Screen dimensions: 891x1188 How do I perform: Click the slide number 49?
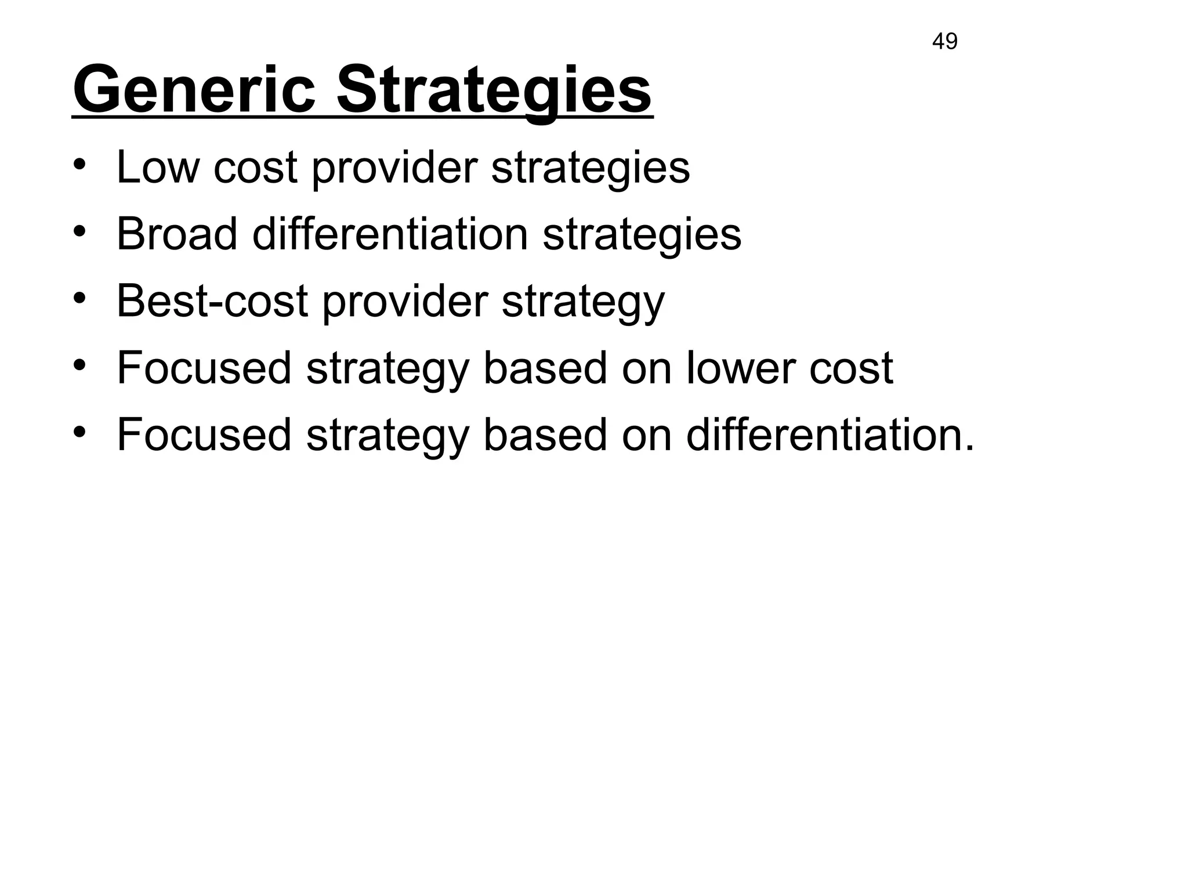(x=944, y=42)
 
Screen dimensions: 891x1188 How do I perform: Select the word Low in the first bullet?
(x=157, y=167)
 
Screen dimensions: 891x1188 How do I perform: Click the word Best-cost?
(x=212, y=301)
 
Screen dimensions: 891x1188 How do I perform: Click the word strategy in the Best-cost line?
(x=582, y=302)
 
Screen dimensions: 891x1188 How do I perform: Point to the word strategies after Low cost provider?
(x=590, y=168)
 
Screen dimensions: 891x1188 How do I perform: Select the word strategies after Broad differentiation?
(x=642, y=235)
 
